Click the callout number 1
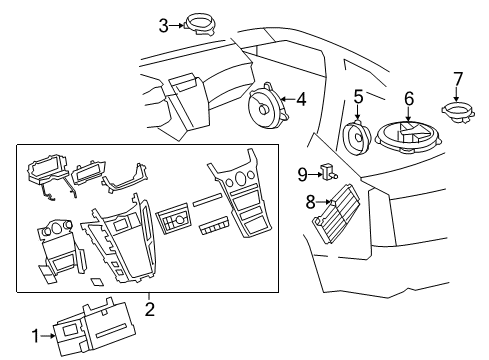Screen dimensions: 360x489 (x=35, y=336)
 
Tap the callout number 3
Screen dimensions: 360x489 (x=163, y=25)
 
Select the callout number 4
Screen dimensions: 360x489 (x=301, y=98)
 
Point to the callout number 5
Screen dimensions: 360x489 (x=358, y=97)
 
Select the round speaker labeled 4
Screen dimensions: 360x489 (x=267, y=104)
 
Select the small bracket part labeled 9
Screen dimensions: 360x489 (x=325, y=173)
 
